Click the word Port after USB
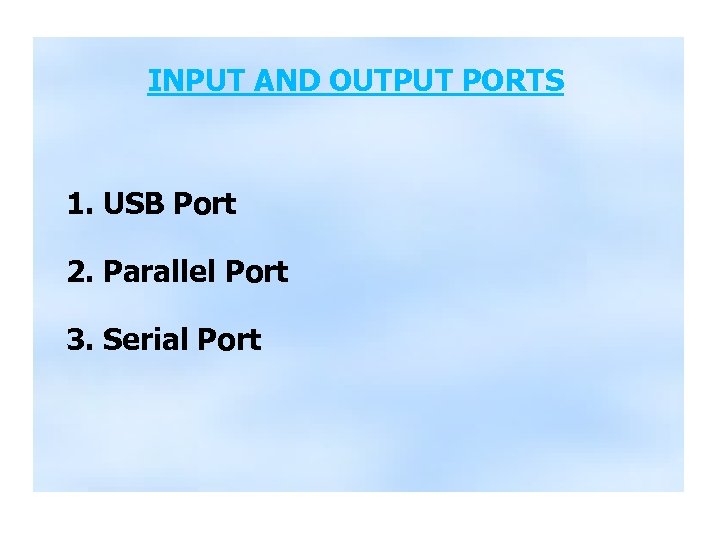(x=205, y=205)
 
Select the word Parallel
(x=161, y=272)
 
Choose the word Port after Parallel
(x=257, y=272)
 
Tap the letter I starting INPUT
(x=151, y=80)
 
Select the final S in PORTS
(x=556, y=80)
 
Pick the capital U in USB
(x=113, y=205)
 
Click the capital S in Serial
(x=111, y=340)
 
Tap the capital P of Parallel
(x=111, y=272)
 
